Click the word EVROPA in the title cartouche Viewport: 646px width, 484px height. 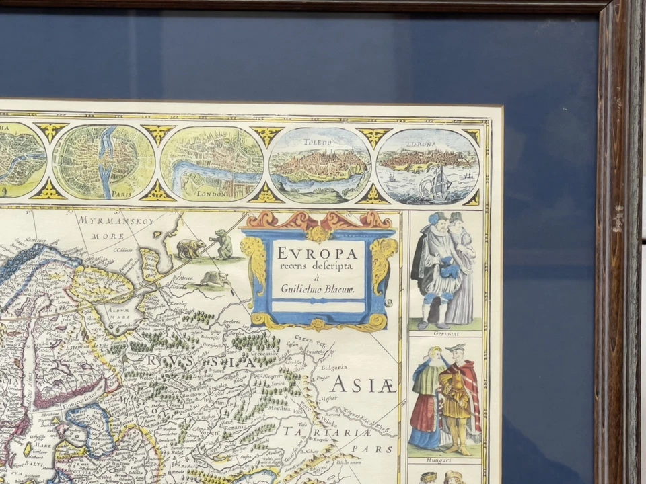(316, 253)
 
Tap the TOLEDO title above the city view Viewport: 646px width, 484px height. (320, 143)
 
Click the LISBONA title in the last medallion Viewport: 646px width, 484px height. (421, 144)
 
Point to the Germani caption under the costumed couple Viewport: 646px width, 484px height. (445, 333)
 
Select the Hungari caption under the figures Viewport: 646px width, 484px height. (445, 461)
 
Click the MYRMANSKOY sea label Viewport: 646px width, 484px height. (108, 220)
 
